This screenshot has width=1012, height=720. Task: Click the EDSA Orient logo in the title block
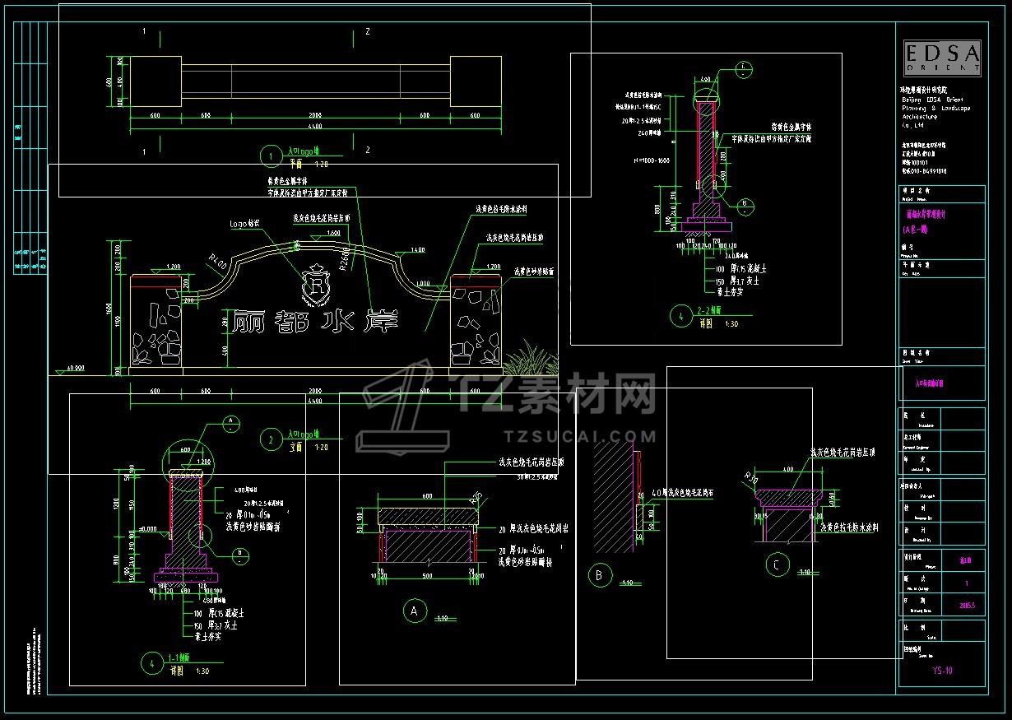(x=941, y=58)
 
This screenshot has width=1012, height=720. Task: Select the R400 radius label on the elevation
(x=218, y=263)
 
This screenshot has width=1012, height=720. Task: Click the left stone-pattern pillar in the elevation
(x=156, y=327)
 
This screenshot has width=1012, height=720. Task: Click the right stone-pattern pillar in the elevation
(x=476, y=327)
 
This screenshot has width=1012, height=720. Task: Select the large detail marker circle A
(x=414, y=611)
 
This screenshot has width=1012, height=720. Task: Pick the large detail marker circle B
(x=599, y=575)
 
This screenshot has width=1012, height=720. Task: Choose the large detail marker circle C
(x=776, y=565)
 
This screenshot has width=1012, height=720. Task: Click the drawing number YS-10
(x=942, y=671)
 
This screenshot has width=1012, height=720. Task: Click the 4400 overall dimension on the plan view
(x=315, y=127)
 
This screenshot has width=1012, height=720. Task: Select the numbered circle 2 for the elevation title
(x=270, y=439)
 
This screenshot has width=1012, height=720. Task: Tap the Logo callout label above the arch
(x=244, y=223)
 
